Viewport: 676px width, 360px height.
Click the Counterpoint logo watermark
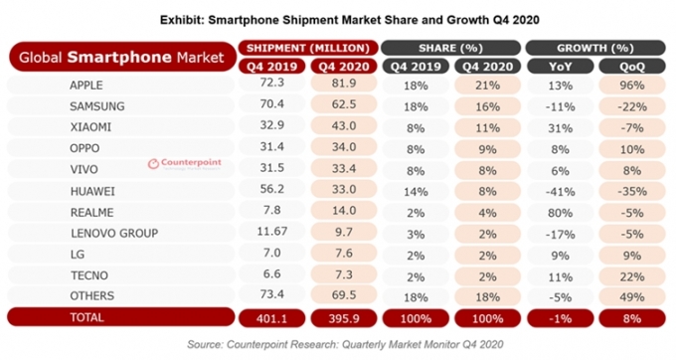pyautogui.click(x=184, y=163)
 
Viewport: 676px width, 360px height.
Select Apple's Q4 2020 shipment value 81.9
pyautogui.click(x=344, y=84)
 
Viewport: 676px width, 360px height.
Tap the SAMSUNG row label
pyautogui.click(x=97, y=106)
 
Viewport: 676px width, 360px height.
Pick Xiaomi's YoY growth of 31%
pyautogui.click(x=560, y=128)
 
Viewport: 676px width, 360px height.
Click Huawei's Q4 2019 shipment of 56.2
pyautogui.click(x=272, y=189)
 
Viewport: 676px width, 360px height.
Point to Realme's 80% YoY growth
pyautogui.click(x=560, y=213)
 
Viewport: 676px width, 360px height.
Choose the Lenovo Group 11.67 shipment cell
pyautogui.click(x=272, y=232)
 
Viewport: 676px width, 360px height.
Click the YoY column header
pyautogui.click(x=560, y=67)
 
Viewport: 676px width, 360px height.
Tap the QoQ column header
pyautogui.click(x=632, y=67)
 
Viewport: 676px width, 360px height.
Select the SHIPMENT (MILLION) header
pyautogui.click(x=308, y=48)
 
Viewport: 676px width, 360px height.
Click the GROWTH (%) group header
pyautogui.click(x=595, y=48)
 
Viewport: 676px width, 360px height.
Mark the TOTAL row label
pyautogui.click(x=87, y=318)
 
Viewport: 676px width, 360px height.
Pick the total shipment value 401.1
pyautogui.click(x=272, y=318)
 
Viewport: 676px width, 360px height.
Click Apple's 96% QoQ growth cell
pyautogui.click(x=632, y=85)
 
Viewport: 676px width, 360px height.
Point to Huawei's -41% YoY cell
pyautogui.click(x=560, y=191)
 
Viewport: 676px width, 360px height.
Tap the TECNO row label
pyautogui.click(x=89, y=275)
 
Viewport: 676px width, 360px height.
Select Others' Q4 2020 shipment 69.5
pyautogui.click(x=344, y=295)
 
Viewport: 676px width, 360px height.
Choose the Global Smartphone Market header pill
pyautogui.click(x=122, y=57)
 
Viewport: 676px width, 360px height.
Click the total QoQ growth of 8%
pyautogui.click(x=632, y=318)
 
